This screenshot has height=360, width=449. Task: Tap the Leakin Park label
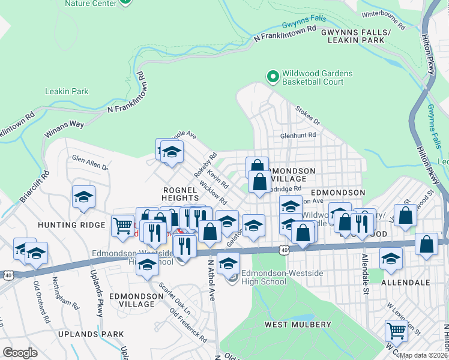coord(67,92)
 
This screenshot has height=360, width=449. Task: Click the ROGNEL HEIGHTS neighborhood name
coord(180,193)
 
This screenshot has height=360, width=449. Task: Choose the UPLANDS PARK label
coord(90,334)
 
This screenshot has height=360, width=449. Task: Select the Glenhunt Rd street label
coord(298,136)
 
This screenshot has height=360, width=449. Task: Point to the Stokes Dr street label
coord(307,115)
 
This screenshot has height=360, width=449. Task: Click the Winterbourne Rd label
coord(383,20)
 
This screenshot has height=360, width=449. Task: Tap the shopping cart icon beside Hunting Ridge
coord(122,226)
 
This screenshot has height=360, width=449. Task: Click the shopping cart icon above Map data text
coord(396,330)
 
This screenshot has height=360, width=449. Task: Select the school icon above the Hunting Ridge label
coord(83,197)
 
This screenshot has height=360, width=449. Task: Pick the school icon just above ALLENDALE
coord(391,259)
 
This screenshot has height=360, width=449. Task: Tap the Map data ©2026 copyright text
coord(424,355)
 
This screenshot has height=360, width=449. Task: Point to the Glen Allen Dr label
coord(89,163)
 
